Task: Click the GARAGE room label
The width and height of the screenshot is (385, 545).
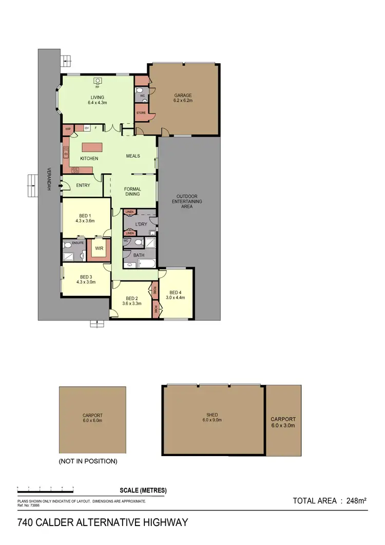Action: [x=183, y=96]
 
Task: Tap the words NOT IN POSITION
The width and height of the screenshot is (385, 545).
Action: [x=88, y=461]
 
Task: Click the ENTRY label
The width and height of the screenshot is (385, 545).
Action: [x=83, y=185]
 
